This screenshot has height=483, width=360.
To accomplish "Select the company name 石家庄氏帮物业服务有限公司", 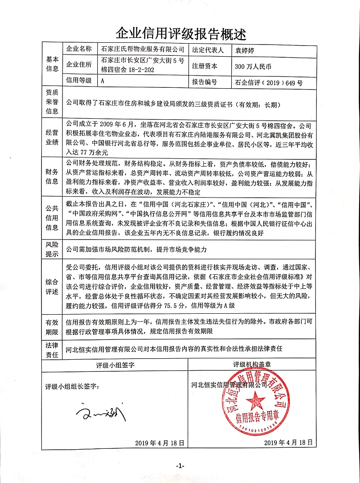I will coord(143,49).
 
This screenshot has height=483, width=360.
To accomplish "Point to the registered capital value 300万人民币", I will coord(253,66).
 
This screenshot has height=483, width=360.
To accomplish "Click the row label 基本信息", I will coord(53,65).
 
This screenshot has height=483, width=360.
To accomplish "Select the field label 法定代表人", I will coord(207,49).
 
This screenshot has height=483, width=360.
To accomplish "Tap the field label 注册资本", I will coord(204,66).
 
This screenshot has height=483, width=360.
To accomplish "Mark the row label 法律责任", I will coord(53,348).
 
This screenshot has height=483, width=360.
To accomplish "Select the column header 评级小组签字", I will coord(115,364).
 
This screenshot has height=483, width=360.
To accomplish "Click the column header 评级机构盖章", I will coord(252,364).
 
